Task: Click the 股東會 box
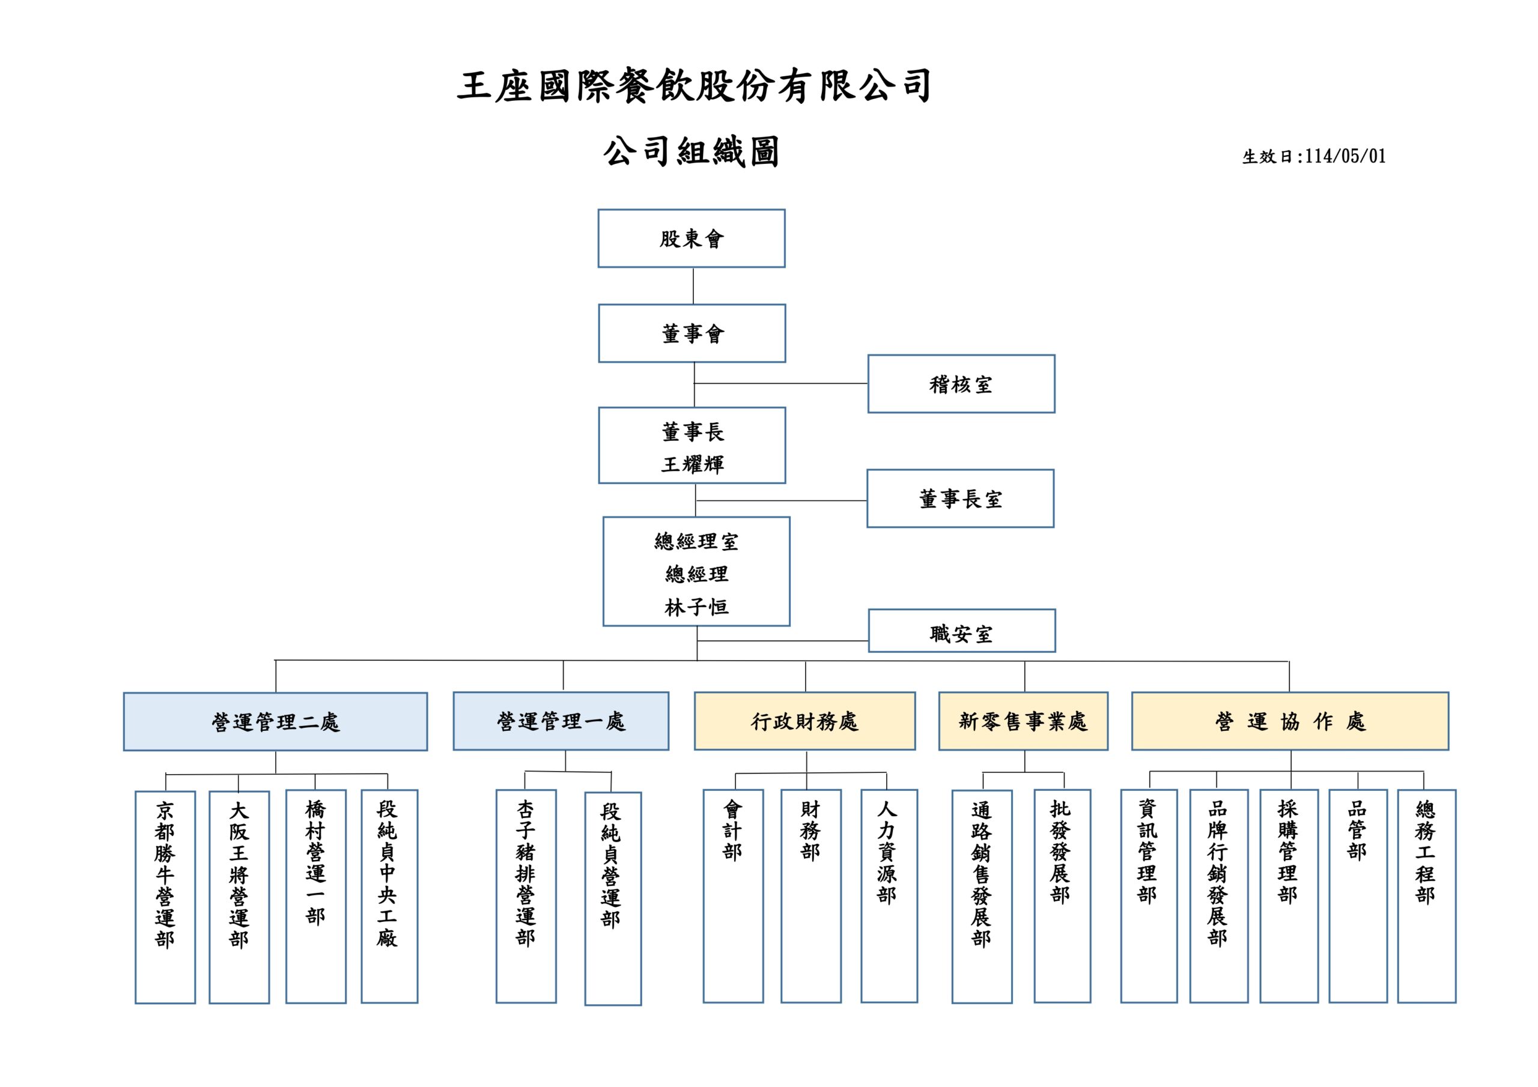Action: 691,238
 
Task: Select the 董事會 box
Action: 692,333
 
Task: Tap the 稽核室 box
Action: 961,384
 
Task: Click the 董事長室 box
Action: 960,498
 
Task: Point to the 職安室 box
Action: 961,631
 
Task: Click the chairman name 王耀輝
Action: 693,464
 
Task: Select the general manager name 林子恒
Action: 696,607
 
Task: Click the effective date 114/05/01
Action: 1345,157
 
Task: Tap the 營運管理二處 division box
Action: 275,721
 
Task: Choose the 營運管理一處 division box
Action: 561,721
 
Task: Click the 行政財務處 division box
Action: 804,721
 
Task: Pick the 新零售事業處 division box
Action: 1023,721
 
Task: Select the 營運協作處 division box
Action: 1289,721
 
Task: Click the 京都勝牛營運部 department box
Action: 165,897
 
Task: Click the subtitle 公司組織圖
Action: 691,152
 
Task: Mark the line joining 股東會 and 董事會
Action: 693,286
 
